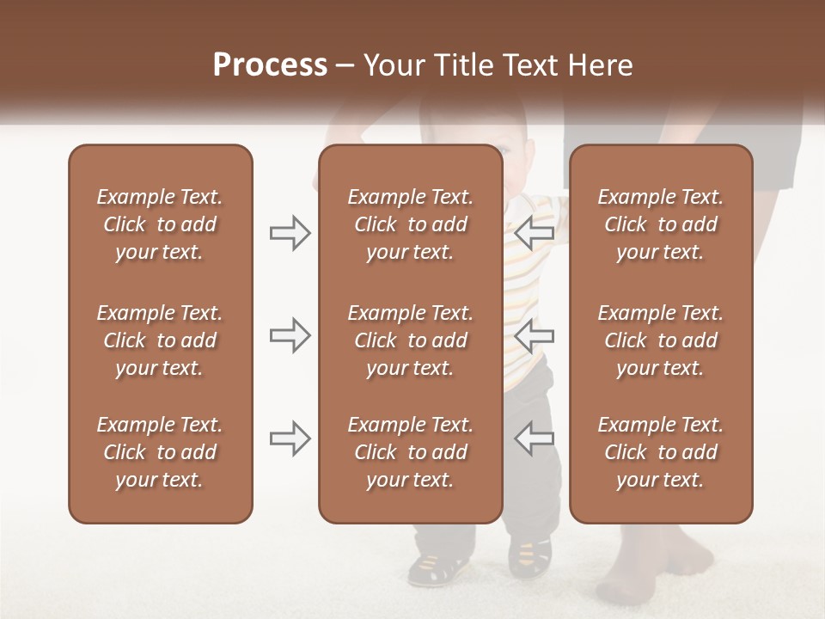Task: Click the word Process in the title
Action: pos(270,65)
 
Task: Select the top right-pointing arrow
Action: pos(290,233)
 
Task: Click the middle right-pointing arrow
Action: pos(290,335)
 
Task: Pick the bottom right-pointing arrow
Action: pos(290,438)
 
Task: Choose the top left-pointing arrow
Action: pos(534,233)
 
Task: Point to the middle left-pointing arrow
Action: pos(534,335)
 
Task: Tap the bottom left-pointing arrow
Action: pos(534,438)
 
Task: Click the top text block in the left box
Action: pos(160,224)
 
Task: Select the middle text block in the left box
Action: pos(160,340)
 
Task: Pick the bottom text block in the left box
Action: pos(160,452)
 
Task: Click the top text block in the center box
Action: pos(410,224)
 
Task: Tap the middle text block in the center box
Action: pos(410,340)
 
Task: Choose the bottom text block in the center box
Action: pos(410,452)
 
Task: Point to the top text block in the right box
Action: pos(660,224)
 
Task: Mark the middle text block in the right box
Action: pos(660,340)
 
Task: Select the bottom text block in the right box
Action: pos(660,452)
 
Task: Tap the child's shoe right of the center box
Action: pos(529,555)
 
